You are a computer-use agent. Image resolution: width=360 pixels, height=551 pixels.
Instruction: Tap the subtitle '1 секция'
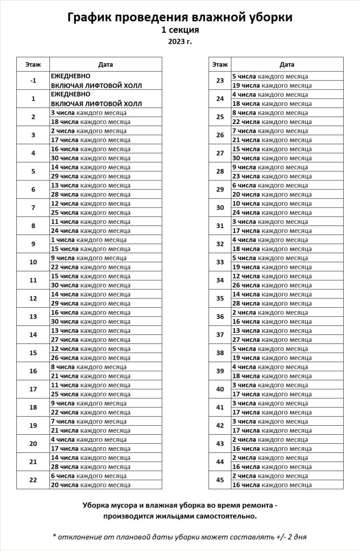(x=180, y=30)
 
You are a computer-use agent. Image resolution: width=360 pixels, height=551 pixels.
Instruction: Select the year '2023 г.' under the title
(x=180, y=42)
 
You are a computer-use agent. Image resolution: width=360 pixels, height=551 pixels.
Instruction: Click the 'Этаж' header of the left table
(x=33, y=65)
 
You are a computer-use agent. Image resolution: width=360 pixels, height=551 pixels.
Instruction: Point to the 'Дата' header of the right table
(x=287, y=65)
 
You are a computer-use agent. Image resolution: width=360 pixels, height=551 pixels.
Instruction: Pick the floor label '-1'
(x=33, y=80)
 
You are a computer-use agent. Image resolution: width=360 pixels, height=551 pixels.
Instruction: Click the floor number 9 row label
(x=33, y=244)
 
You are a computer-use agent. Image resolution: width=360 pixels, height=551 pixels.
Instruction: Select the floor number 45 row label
(x=220, y=480)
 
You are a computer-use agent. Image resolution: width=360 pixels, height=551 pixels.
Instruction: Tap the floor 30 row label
(x=220, y=208)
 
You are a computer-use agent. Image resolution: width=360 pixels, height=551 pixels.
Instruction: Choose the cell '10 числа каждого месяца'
(x=272, y=204)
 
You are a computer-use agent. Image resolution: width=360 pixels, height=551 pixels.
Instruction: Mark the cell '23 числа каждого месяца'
(x=272, y=176)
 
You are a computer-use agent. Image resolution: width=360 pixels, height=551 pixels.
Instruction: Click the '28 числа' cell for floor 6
(x=90, y=195)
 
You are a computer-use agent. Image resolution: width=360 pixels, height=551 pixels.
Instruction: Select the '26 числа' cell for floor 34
(x=272, y=285)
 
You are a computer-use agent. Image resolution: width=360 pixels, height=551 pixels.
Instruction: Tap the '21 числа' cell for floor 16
(x=90, y=376)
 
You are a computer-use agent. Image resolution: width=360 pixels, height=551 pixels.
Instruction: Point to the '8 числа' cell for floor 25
(x=270, y=113)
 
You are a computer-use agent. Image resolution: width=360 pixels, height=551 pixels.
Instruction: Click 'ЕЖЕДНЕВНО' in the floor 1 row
(x=71, y=94)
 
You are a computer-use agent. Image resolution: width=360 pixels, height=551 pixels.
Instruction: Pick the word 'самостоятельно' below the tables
(x=226, y=516)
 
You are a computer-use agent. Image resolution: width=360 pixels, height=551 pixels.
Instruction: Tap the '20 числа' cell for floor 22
(x=90, y=485)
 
